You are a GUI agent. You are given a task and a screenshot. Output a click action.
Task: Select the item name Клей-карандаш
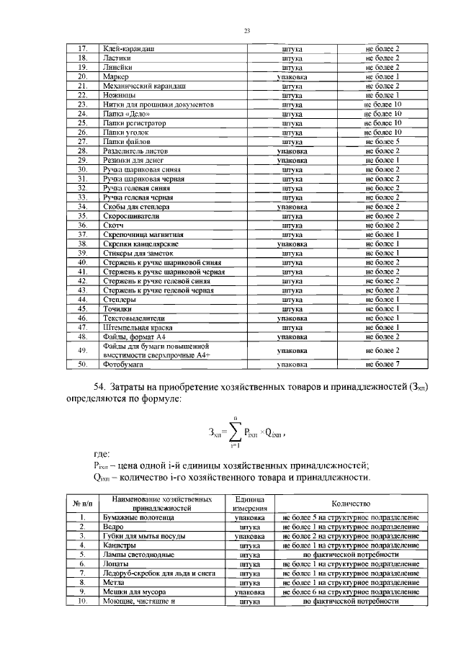pyautogui.click(x=130, y=48)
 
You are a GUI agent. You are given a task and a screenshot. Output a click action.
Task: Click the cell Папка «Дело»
pyautogui.click(x=124, y=114)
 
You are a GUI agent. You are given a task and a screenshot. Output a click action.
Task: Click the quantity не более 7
pyautogui.click(x=382, y=365)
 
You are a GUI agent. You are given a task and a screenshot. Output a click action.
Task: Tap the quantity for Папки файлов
pyautogui.click(x=382, y=142)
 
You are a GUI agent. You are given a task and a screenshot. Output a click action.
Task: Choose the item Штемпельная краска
pyautogui.click(x=135, y=326)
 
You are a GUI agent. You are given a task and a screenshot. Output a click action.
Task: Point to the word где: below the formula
pyautogui.click(x=102, y=455)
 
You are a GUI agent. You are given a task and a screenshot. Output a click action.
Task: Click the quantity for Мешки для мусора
pyautogui.click(x=350, y=591)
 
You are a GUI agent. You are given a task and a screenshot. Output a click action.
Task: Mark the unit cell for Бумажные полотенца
pyautogui.click(x=250, y=518)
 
